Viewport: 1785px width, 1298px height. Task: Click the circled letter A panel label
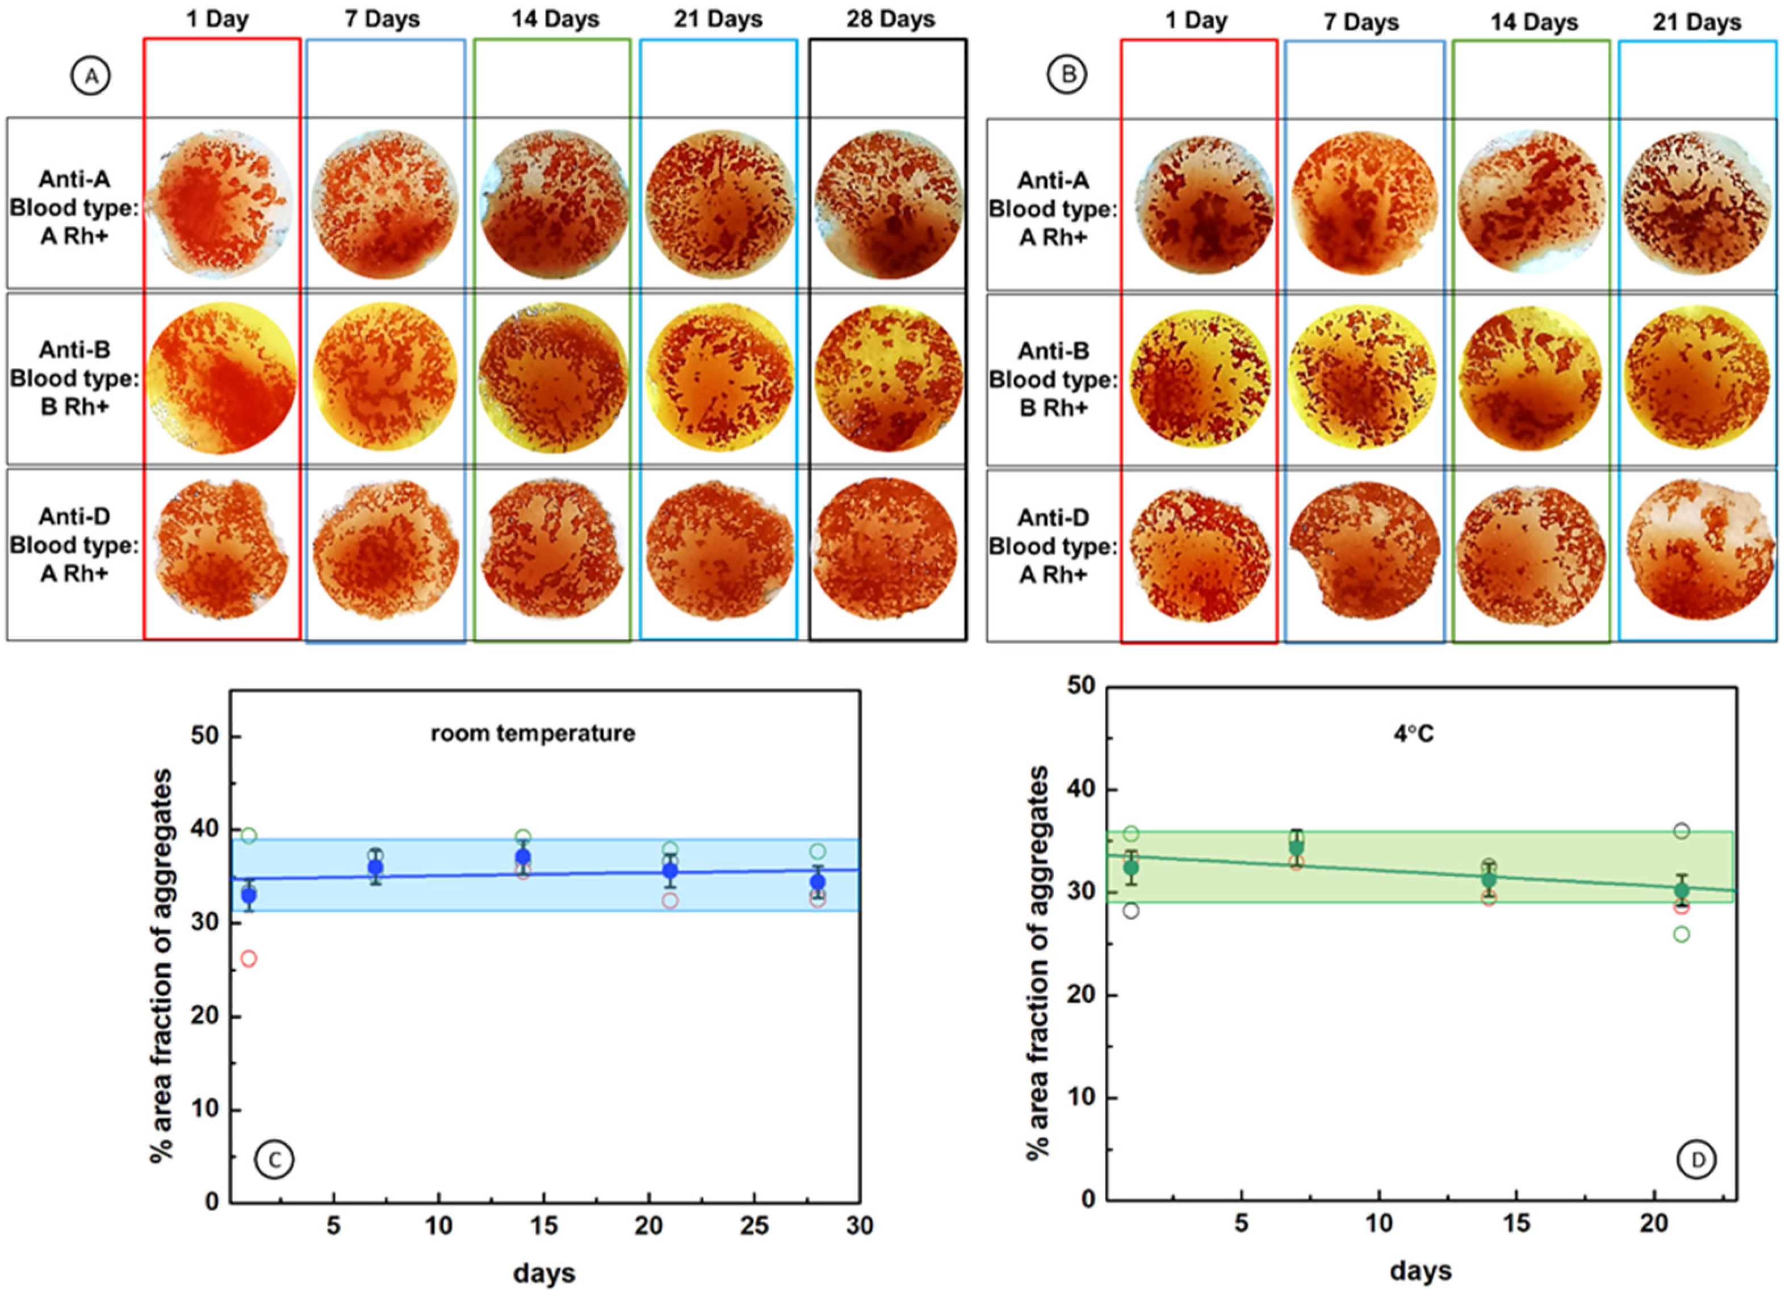[x=91, y=76]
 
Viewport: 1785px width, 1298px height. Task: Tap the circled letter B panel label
[x=1067, y=75]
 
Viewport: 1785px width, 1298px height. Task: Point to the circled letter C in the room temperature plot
[x=274, y=1160]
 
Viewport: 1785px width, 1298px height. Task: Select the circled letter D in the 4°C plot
[x=1697, y=1160]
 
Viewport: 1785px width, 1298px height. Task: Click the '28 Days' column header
[x=890, y=20]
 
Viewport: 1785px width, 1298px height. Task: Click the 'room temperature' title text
[x=533, y=734]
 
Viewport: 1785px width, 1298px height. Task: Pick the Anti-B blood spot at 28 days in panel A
[x=889, y=379]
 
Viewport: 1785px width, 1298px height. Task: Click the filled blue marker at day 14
[x=522, y=858]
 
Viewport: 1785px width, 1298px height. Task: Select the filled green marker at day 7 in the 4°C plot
[x=1296, y=846]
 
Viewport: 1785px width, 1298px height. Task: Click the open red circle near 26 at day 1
[x=249, y=958]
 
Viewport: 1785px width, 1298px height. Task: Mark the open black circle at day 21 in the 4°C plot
[x=1681, y=831]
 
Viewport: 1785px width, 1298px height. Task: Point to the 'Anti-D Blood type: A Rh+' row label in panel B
[x=1053, y=547]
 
